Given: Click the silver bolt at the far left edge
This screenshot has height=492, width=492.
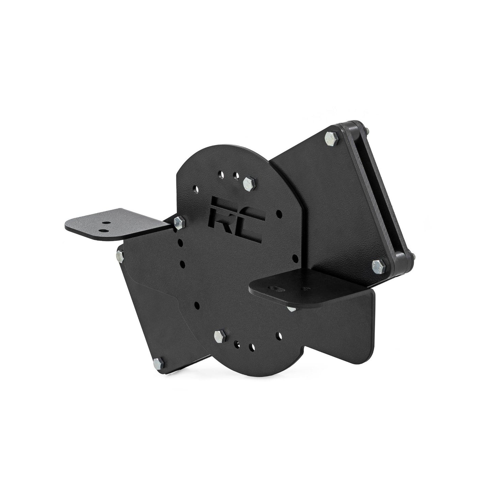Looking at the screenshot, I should point(120,254).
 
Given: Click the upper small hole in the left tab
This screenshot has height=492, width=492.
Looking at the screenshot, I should point(107,224).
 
